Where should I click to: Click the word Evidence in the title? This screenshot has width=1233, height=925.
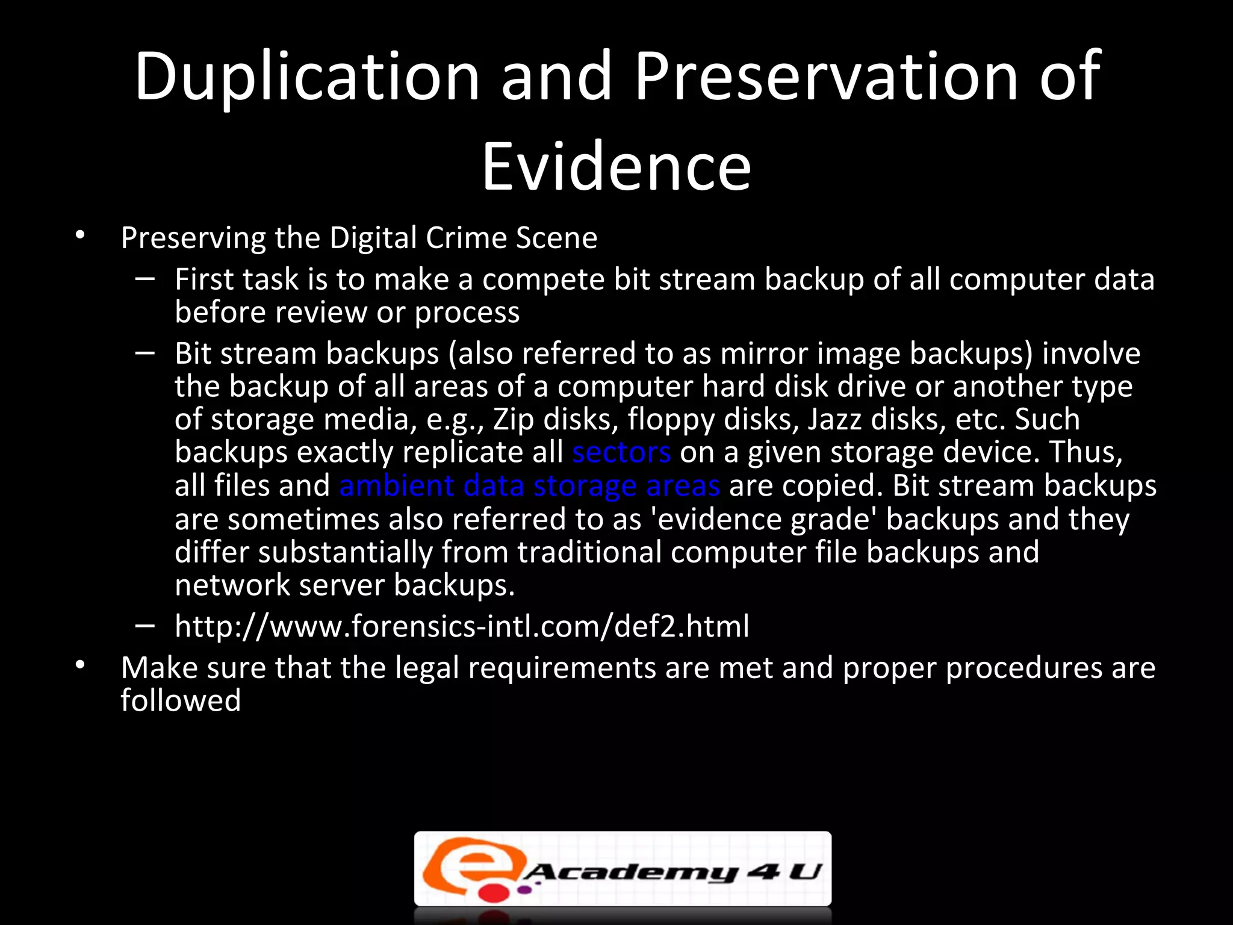point(616,167)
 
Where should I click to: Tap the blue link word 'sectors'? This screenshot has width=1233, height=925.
point(621,452)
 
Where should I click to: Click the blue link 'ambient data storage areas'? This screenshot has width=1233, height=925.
point(529,485)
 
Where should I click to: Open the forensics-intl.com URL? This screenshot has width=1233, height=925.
point(462,626)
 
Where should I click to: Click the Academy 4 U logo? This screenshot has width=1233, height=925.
point(623,869)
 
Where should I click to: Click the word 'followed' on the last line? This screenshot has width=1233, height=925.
point(181,701)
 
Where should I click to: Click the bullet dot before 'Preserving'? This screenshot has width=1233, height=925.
point(80,235)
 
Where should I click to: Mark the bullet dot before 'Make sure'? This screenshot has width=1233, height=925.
point(80,665)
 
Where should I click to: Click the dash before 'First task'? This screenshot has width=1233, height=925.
point(145,279)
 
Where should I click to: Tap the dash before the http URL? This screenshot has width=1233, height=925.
point(145,626)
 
